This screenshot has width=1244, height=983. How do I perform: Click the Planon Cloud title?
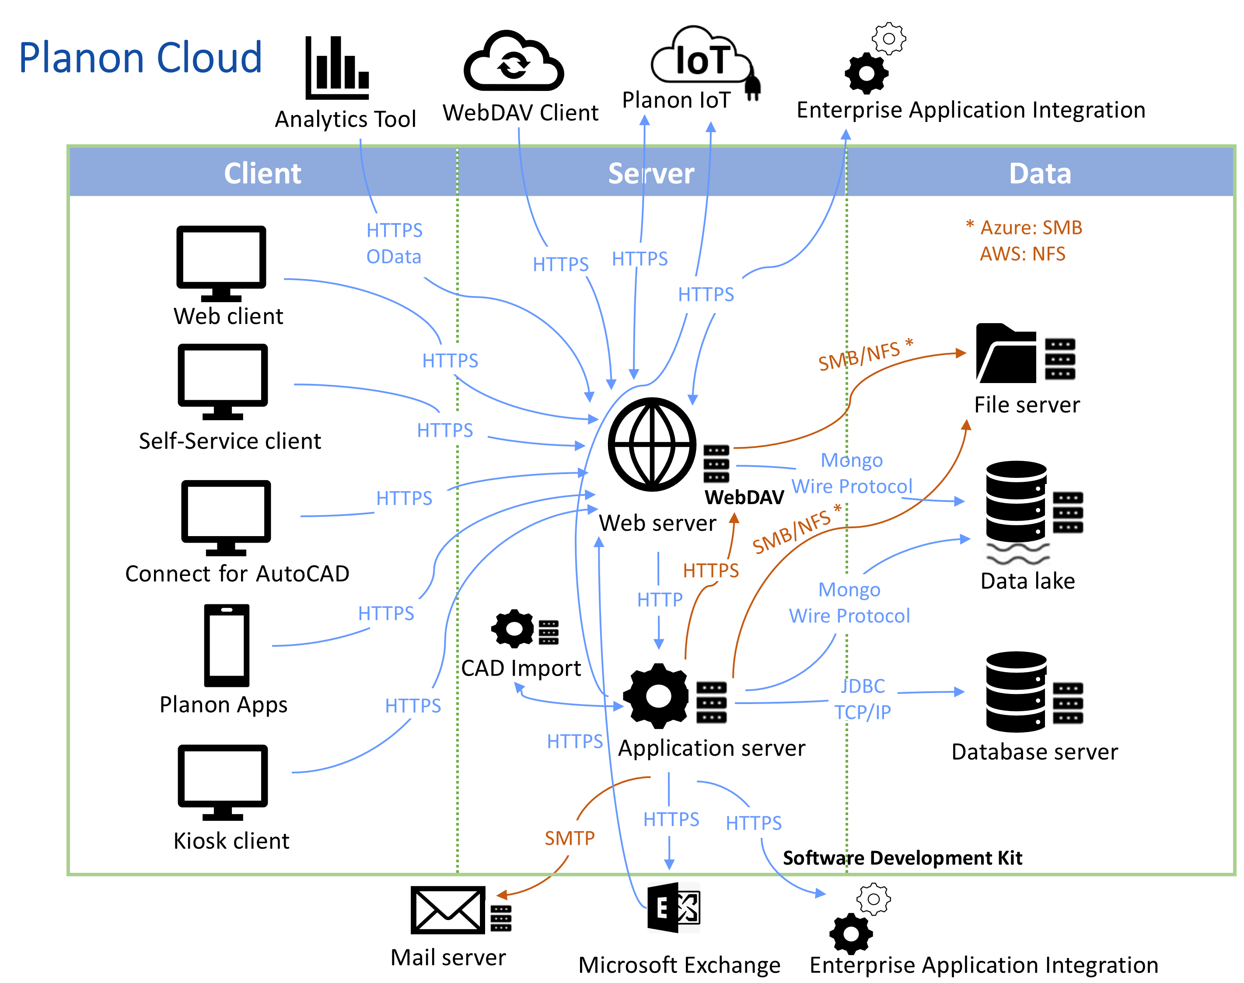coord(140,58)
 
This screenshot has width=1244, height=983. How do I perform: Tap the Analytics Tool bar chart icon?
coord(336,67)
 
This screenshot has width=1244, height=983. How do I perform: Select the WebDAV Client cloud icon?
coord(513,62)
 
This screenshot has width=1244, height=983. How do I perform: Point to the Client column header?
coord(262,173)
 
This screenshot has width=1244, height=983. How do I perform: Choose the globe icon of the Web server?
coord(652,444)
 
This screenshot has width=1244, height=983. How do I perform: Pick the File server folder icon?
coord(1005,354)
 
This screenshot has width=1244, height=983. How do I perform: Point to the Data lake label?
coord(1027,581)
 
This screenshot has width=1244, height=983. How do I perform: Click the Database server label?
coord(1034,752)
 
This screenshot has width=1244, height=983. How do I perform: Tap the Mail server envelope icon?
coord(447,910)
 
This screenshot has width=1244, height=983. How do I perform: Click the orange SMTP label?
coord(570,838)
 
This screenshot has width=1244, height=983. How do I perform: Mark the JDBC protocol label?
coord(862,686)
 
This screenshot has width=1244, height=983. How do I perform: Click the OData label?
coord(394,257)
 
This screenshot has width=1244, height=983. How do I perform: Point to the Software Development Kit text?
coord(902,858)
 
